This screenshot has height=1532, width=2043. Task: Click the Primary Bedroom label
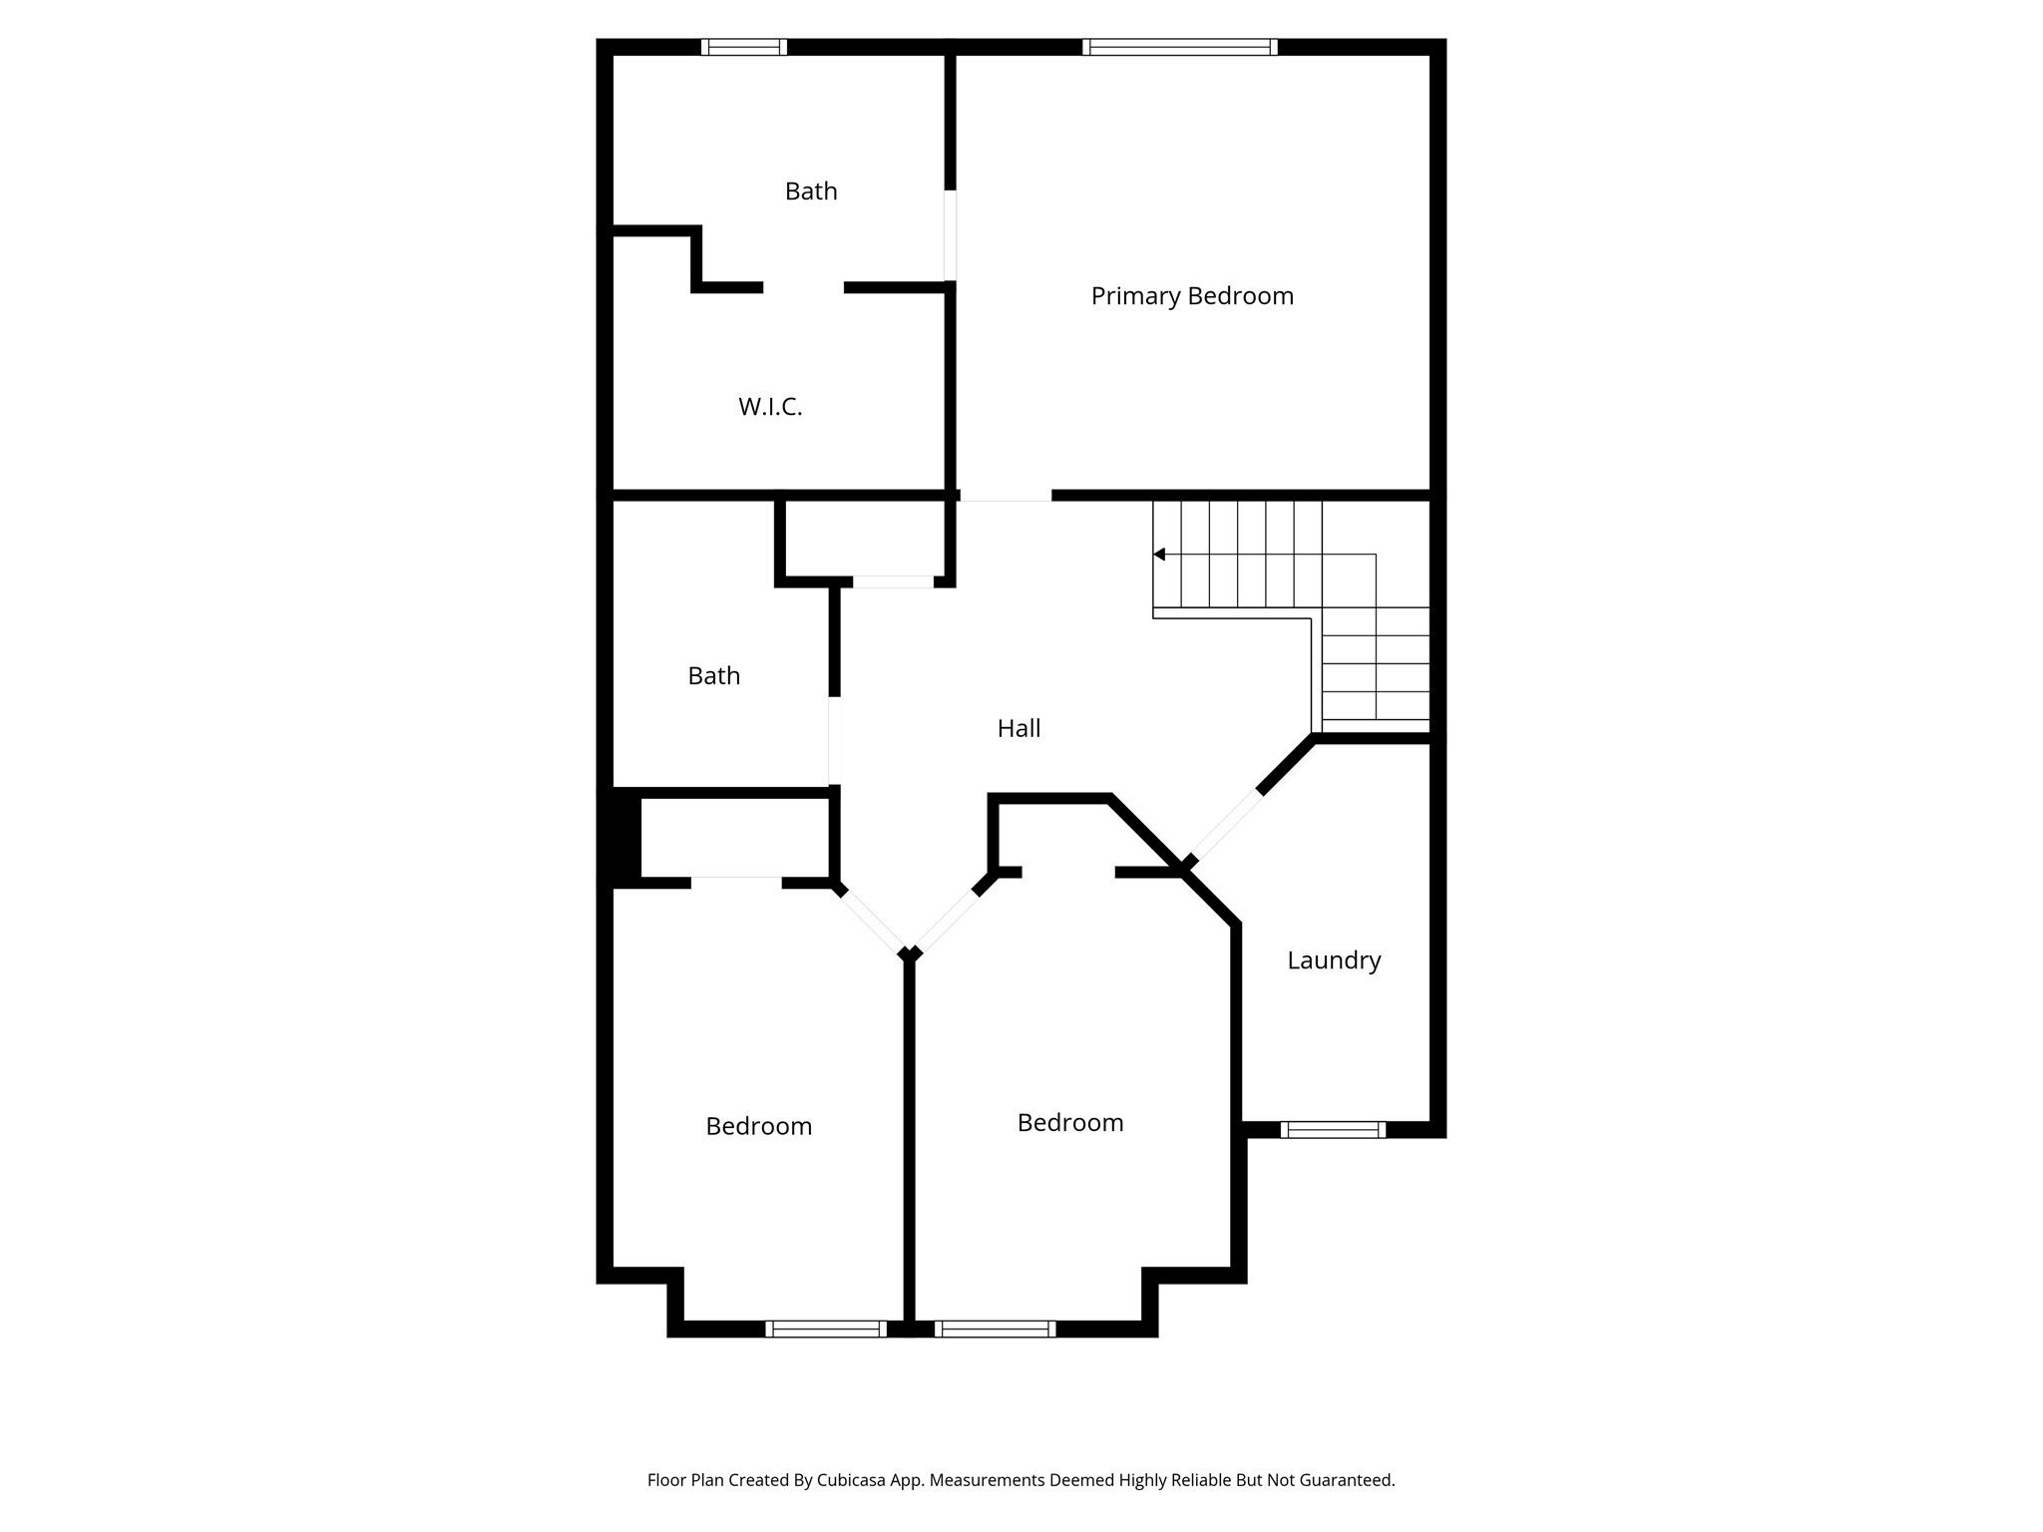click(1191, 296)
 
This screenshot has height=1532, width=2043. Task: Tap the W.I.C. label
click(770, 407)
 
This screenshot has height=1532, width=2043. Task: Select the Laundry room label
click(1334, 960)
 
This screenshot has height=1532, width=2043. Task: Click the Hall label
click(1019, 729)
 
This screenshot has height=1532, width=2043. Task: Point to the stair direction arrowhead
click(1159, 555)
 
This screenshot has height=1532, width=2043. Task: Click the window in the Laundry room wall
click(1333, 1129)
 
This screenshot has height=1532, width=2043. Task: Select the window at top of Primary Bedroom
click(1179, 47)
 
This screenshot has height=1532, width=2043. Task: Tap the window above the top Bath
click(743, 47)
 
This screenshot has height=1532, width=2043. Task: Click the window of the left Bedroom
click(825, 1329)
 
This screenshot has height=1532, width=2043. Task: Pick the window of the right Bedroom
click(995, 1329)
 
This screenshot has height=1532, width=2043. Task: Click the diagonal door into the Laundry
click(1225, 826)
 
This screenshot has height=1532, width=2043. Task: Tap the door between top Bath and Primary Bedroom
click(951, 235)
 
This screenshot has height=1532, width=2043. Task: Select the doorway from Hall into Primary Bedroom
click(1005, 495)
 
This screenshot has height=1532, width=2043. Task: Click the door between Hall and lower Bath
click(834, 740)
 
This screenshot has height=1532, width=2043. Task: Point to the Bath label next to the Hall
click(714, 676)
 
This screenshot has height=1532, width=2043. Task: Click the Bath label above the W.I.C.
click(811, 191)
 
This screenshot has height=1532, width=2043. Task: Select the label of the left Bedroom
click(758, 1126)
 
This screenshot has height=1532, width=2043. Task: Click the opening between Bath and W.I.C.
click(803, 287)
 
